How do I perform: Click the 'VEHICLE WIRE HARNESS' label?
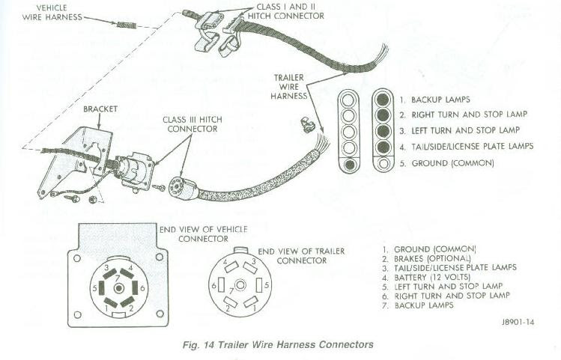[52, 12]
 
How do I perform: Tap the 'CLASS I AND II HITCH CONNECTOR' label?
[286, 11]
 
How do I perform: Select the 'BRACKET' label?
[100, 109]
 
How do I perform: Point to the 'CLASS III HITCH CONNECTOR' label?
[192, 124]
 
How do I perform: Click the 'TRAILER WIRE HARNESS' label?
[289, 87]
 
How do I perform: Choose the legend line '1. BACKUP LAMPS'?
[434, 100]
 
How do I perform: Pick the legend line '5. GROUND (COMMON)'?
[447, 163]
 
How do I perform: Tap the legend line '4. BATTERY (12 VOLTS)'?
[426, 277]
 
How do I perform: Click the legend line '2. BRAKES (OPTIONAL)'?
[426, 258]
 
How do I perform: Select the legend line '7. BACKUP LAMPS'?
[418, 305]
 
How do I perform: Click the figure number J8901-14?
[518, 322]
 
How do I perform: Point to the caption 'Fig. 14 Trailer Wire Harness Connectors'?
[278, 344]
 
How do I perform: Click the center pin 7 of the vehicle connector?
[118, 288]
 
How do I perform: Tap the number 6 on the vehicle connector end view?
[142, 288]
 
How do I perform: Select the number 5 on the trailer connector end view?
[267, 285]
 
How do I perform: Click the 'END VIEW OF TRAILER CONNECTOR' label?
[301, 256]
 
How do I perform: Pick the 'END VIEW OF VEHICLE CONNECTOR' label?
[203, 234]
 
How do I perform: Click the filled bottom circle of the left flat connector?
[349, 164]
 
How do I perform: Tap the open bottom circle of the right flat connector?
[383, 163]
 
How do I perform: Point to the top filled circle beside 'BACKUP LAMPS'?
[383, 100]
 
